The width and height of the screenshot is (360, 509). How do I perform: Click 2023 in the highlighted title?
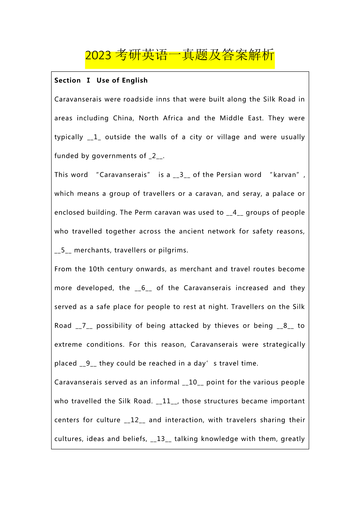[98, 56]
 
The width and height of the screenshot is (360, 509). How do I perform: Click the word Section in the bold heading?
[67, 80]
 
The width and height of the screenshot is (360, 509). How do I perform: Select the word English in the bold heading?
[135, 80]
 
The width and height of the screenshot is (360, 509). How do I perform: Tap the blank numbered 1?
[94, 137]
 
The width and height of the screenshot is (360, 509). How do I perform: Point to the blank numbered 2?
[156, 156]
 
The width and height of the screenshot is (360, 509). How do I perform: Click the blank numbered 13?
[161, 439]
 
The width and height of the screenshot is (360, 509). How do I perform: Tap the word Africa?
[173, 118]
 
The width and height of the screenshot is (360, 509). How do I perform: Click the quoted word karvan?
[284, 175]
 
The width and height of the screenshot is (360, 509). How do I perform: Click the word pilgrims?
[173, 250]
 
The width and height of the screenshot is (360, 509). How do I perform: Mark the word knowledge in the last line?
[219, 439]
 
